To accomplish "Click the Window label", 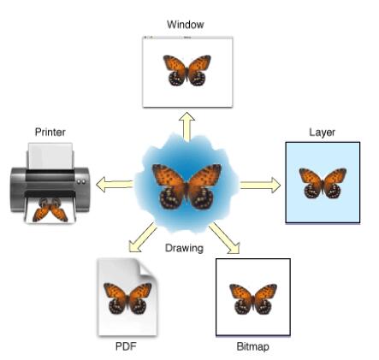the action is point(186,25).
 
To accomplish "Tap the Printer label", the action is point(50,132).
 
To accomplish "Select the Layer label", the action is point(322,133).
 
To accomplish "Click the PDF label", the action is point(126,346).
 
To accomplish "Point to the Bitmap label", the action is point(252,346).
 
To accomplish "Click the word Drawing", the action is point(184,248).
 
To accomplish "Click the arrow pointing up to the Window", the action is point(187,127).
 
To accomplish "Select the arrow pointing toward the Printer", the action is point(115,184).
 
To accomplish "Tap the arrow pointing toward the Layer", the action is point(260,185).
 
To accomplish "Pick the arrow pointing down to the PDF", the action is point(142,238).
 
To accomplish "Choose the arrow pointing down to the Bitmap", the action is point(225,239).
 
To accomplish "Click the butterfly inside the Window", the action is point(187,70).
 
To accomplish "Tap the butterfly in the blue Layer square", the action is point(323,183).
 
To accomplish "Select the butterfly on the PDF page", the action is point(127,298).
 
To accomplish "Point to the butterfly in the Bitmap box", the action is point(253,299).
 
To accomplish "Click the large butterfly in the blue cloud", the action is point(187,186).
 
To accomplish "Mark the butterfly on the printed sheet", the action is point(50,210).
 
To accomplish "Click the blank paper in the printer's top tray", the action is point(50,156).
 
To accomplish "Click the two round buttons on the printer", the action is point(81,181).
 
